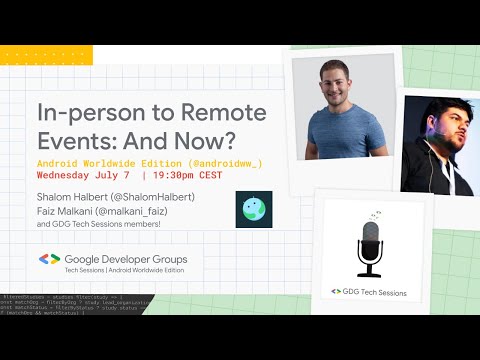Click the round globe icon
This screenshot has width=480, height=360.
(253, 209)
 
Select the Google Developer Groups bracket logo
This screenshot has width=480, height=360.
(49, 259)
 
